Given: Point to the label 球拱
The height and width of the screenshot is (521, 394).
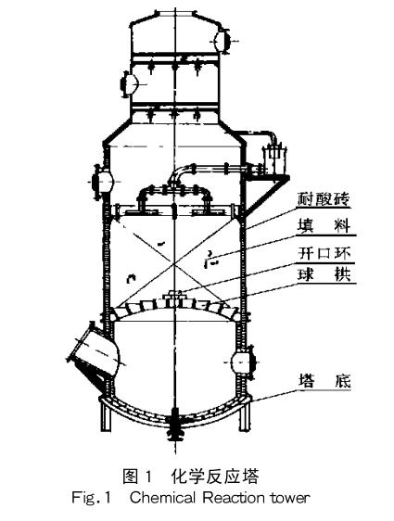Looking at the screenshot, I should pyautogui.click(x=323, y=275).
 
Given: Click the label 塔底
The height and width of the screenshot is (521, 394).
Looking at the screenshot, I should pyautogui.click(x=323, y=381).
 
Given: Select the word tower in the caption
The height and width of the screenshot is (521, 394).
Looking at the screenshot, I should pyautogui.click(x=295, y=498).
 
